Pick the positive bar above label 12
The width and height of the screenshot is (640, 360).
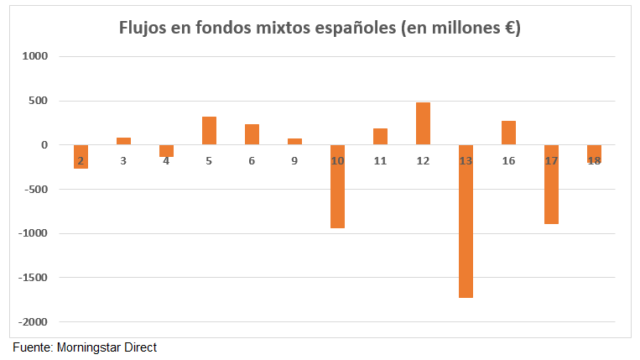pyautogui.click(x=423, y=123)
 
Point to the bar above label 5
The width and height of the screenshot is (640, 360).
pyautogui.click(x=209, y=131)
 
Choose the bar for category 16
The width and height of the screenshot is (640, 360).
pyautogui.click(x=508, y=133)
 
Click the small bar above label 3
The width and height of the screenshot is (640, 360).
pyautogui.click(x=123, y=141)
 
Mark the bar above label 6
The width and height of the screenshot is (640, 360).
pyautogui.click(x=252, y=134)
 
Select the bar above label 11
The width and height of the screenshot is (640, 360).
pyautogui.click(x=380, y=137)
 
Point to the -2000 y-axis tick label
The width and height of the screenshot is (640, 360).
pyautogui.click(x=35, y=322)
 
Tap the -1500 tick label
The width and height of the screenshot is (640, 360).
pyautogui.click(x=35, y=278)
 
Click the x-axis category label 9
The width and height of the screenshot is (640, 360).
pyautogui.click(x=294, y=160)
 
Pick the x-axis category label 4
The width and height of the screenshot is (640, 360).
pyautogui.click(x=166, y=160)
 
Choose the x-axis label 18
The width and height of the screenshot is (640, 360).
pyautogui.click(x=594, y=160)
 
